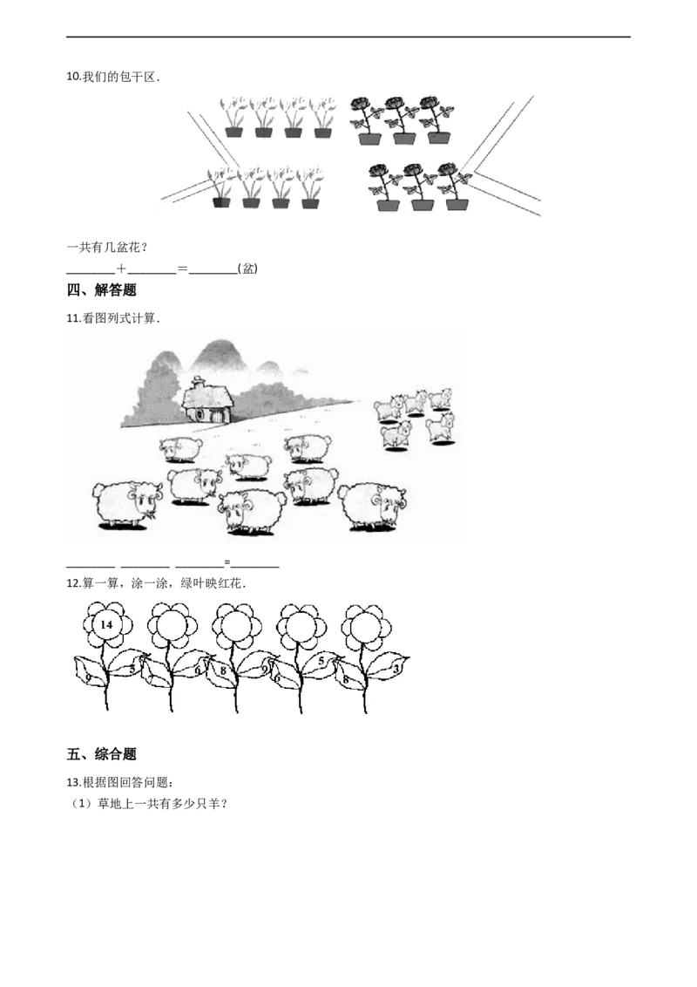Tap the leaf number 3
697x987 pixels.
pyautogui.click(x=396, y=669)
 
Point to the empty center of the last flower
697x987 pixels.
pyautogui.click(x=366, y=624)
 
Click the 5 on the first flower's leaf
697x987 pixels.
pyautogui.click(x=132, y=668)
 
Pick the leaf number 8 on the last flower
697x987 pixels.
pyautogui.click(x=346, y=678)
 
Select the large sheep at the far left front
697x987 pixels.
pyautogui.click(x=126, y=504)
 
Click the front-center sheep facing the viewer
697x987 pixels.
pyautogui.click(x=251, y=510)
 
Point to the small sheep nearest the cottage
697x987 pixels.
pyautogui.click(x=180, y=449)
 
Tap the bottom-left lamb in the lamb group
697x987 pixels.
pyautogui.click(x=396, y=435)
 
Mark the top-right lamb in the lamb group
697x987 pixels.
pyautogui.click(x=439, y=398)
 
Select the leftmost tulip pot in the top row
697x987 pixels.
pyautogui.click(x=233, y=133)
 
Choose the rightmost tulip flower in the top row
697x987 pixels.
pyautogui.click(x=323, y=109)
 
